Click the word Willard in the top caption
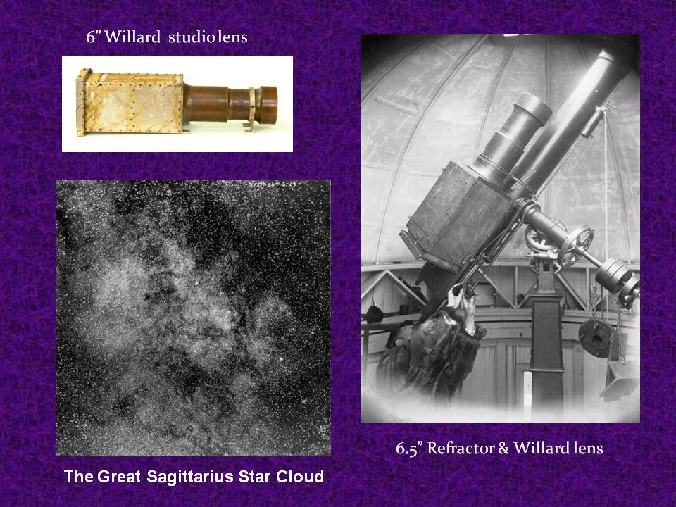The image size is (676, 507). click(x=133, y=37)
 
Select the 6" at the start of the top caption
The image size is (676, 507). click(x=93, y=37)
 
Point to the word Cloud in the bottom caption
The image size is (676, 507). click(x=300, y=477)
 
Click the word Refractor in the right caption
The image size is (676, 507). click(x=461, y=448)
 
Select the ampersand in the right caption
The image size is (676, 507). click(x=503, y=449)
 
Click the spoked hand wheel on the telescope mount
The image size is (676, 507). click(x=576, y=246)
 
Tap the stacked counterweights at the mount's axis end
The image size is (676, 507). click(x=618, y=278)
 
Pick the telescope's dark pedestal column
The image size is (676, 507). click(x=546, y=345)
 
